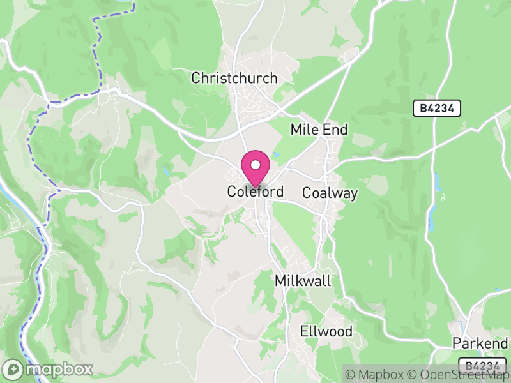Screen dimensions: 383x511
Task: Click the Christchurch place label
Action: [x=234, y=79]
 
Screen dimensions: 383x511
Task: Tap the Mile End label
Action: [x=319, y=130]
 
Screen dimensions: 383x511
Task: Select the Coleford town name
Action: [x=255, y=191]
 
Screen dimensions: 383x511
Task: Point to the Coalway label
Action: [x=330, y=193]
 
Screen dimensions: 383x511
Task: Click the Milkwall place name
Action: [x=303, y=281]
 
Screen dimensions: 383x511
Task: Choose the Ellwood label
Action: [x=326, y=331]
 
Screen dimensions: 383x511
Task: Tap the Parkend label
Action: [x=480, y=343]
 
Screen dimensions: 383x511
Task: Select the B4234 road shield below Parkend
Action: [x=482, y=366]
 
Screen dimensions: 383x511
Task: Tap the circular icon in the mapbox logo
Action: [x=13, y=369]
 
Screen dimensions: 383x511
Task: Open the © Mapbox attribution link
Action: [x=380, y=373]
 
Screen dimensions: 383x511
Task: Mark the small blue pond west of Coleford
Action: [x=166, y=171]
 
